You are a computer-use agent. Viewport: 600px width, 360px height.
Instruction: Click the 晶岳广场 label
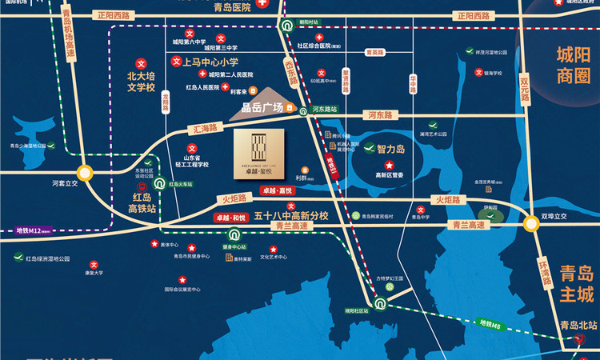(262, 108)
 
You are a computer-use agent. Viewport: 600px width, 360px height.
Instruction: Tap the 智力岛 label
(392, 148)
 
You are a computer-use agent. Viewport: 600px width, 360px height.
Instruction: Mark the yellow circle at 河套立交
(84, 172)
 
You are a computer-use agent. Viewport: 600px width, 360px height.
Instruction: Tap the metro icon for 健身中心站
(234, 235)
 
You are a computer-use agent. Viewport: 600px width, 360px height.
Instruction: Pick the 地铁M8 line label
(490, 324)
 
